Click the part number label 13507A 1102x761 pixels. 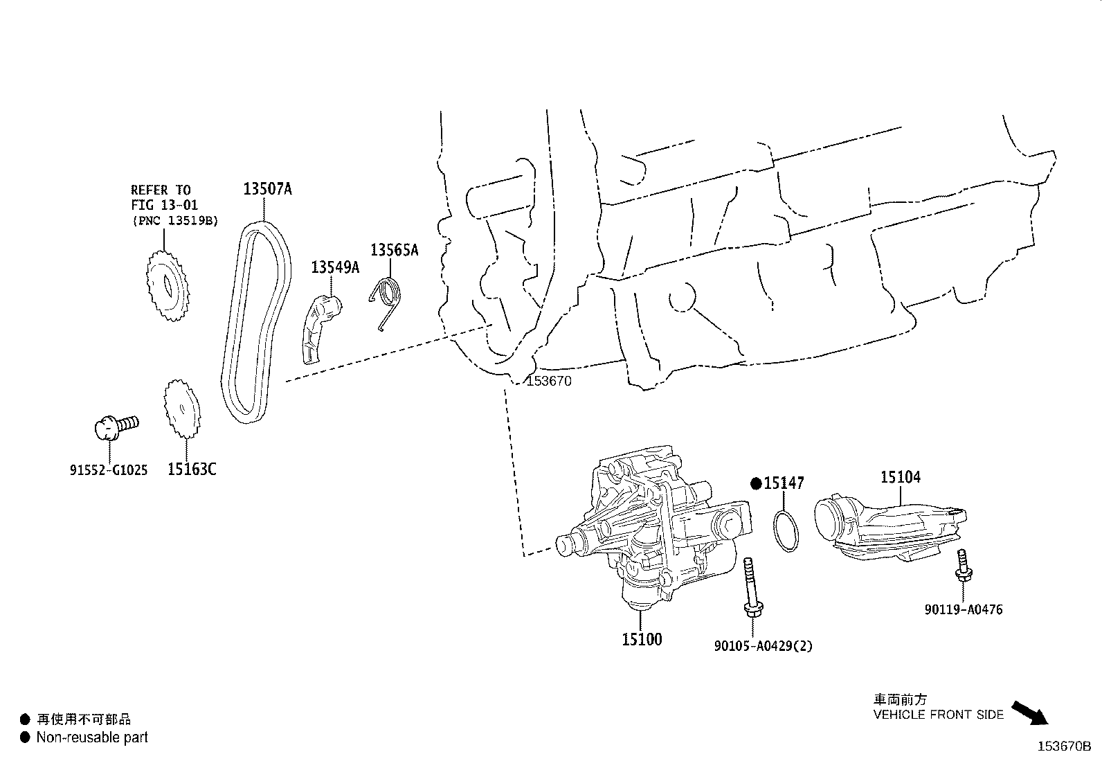[267, 188]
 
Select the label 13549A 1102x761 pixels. [335, 268]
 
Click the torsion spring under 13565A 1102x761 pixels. [387, 298]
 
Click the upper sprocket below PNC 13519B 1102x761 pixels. [167, 285]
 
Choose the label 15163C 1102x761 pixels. [192, 469]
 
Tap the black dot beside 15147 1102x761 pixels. [757, 483]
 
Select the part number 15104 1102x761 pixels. [901, 477]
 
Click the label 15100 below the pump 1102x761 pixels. [642, 639]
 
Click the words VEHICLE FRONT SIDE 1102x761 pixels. [938, 715]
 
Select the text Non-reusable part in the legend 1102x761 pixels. [92, 738]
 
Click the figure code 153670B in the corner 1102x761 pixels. [1064, 746]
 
